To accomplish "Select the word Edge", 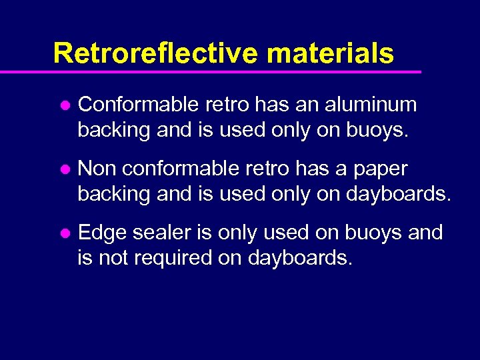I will click(102, 233).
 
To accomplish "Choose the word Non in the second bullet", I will click(97, 169).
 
